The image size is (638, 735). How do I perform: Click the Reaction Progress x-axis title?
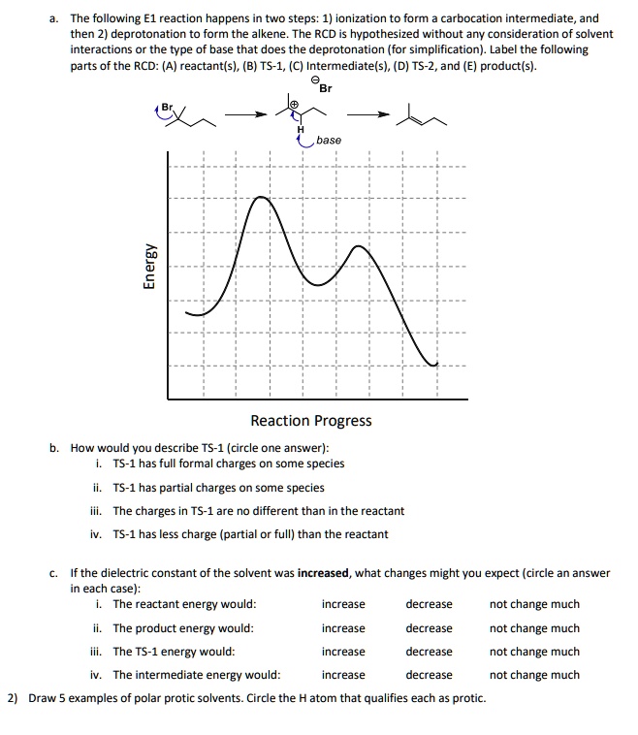(310, 421)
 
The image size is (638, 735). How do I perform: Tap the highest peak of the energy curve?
(261, 197)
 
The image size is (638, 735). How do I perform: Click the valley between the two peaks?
(315, 283)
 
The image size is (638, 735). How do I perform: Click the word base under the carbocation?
(329, 141)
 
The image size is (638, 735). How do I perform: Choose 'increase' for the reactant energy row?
(343, 604)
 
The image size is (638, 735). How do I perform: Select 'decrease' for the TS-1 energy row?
(429, 652)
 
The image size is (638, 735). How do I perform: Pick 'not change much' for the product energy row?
(534, 628)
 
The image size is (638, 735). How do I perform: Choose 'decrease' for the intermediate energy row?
(429, 675)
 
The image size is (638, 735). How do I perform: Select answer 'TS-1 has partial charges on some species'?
(218, 488)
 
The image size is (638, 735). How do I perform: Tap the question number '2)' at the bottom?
(13, 698)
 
